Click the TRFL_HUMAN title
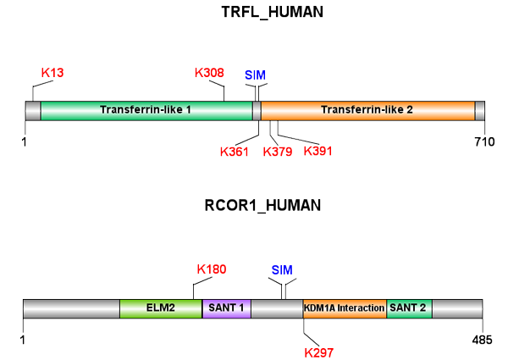click(x=255, y=13)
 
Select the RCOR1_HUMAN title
click(x=255, y=205)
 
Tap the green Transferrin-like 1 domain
click(x=146, y=110)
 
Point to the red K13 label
click(x=52, y=73)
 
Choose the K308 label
click(x=209, y=73)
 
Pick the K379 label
click(x=277, y=152)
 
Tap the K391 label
click(x=318, y=152)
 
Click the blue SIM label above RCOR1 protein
click(x=283, y=270)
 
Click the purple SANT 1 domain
click(x=226, y=308)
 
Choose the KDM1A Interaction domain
click(x=345, y=308)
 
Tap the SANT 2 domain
click(x=410, y=308)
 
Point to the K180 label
click(x=211, y=270)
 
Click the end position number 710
click(x=483, y=141)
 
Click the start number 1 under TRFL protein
click(x=25, y=141)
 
